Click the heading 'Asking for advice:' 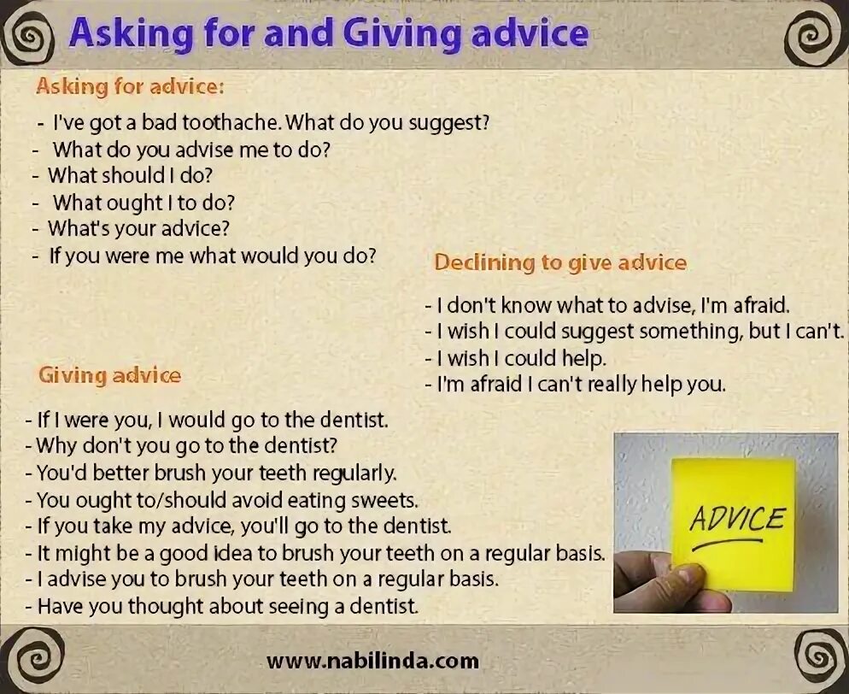(130, 86)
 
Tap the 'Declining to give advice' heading (560, 262)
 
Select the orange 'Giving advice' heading (109, 375)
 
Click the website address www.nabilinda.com (372, 661)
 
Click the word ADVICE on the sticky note (737, 519)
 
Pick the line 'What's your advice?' (138, 228)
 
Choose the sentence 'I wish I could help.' (521, 358)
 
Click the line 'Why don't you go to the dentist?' (188, 445)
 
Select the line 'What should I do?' (130, 175)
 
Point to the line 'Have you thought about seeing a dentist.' (228, 607)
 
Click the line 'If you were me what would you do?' (212, 256)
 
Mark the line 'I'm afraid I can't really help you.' (581, 385)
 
